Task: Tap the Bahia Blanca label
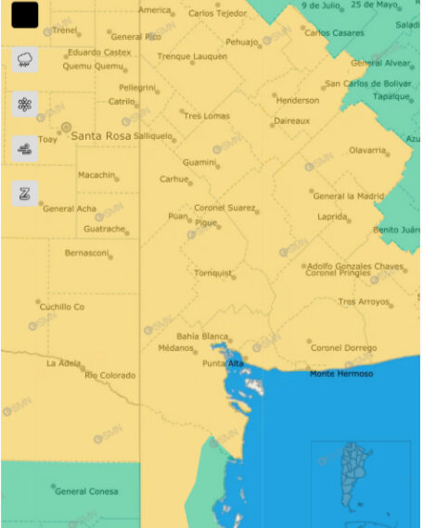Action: click(x=202, y=335)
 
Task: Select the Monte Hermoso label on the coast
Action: click(x=341, y=373)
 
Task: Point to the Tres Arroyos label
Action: click(x=364, y=301)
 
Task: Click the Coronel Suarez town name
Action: click(x=224, y=207)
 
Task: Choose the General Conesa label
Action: click(x=86, y=491)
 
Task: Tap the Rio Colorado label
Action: click(x=109, y=375)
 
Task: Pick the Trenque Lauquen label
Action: click(x=192, y=57)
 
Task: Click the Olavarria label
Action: click(x=367, y=150)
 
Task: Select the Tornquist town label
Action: click(x=212, y=272)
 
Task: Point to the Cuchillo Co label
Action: click(x=62, y=307)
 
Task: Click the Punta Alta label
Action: click(x=223, y=363)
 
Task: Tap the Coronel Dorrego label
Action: click(x=343, y=347)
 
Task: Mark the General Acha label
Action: click(x=70, y=208)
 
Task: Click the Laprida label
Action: click(x=332, y=216)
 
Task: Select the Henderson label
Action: click(x=298, y=100)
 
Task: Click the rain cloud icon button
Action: click(x=25, y=60)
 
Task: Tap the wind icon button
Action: click(x=25, y=147)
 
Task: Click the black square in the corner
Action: click(x=25, y=15)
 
